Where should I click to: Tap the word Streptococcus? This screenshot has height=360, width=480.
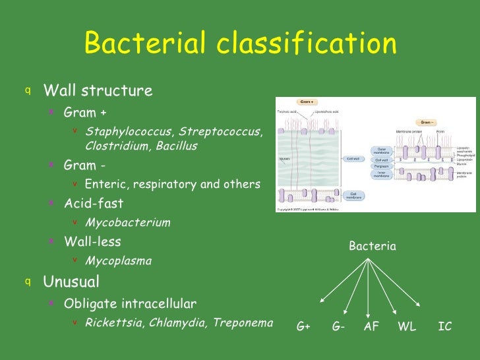pyautogui.click(x=221, y=132)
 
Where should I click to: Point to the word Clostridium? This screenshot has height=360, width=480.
pyautogui.click(x=117, y=146)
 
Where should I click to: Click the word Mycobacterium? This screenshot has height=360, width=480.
pyautogui.click(x=128, y=222)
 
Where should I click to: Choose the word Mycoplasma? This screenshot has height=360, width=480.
pyautogui.click(x=118, y=260)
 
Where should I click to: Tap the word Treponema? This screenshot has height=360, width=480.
pyautogui.click(x=243, y=322)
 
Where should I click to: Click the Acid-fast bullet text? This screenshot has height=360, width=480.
pyautogui.click(x=93, y=203)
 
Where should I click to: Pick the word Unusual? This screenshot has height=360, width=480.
pyautogui.click(x=71, y=282)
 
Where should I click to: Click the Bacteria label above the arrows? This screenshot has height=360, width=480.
pyautogui.click(x=373, y=247)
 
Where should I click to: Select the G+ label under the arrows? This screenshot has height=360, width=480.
pyautogui.click(x=303, y=326)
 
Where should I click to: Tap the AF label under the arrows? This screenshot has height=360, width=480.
pyautogui.click(x=371, y=326)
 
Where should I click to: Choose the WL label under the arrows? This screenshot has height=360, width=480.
pyautogui.click(x=407, y=326)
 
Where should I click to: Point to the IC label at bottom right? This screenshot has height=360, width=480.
pyautogui.click(x=445, y=326)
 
